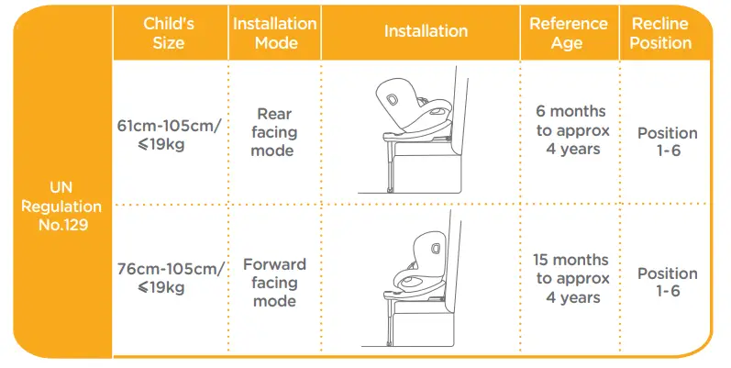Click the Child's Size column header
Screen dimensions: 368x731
coord(170,33)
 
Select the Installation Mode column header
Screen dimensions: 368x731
coord(274,33)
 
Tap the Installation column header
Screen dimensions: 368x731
coord(425,31)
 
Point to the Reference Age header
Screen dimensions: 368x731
coord(568,33)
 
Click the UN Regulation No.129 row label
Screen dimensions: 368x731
coord(57,207)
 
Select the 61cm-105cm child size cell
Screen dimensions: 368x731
coord(170,134)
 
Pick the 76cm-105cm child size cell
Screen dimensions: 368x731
coord(170,277)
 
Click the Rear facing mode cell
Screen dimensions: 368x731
coord(274,132)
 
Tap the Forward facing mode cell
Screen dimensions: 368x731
coord(274,282)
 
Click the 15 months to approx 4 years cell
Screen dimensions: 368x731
coord(568,279)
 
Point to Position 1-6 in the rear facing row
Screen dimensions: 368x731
coord(667,142)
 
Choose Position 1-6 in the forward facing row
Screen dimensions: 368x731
coord(667,283)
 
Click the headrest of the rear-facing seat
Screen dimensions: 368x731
coord(393,98)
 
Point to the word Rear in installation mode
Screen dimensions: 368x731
coord(274,115)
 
